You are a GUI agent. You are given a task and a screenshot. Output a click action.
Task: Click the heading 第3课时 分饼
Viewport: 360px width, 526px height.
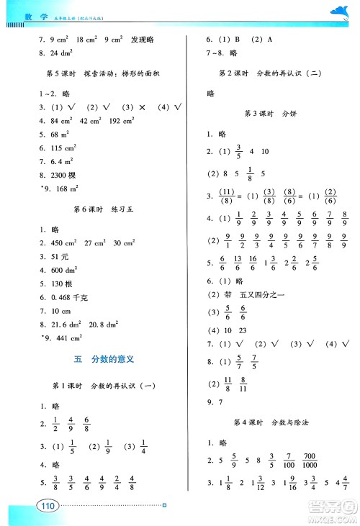coord(271,114)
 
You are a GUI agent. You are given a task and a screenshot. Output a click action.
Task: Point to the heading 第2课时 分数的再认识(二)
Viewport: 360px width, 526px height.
coord(271,73)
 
